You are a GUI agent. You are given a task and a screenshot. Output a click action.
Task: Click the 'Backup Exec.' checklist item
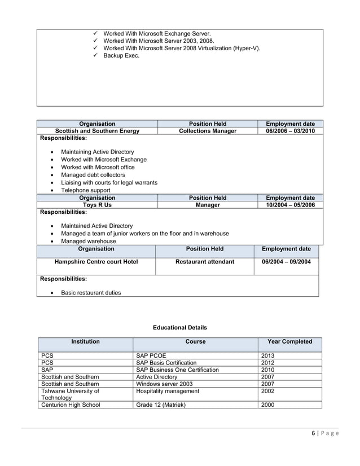pyautogui.click(x=121, y=56)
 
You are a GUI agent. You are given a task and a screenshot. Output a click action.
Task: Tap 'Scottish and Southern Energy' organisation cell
pyautogui.click(x=97, y=131)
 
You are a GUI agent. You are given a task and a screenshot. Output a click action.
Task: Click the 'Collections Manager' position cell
pyautogui.click(x=208, y=131)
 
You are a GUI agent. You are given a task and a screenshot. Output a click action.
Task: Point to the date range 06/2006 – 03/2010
pyautogui.click(x=290, y=131)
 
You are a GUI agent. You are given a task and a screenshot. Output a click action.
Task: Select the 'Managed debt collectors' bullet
pyautogui.click(x=93, y=175)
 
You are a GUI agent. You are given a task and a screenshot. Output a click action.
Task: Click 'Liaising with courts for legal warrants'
pyautogui.click(x=109, y=183)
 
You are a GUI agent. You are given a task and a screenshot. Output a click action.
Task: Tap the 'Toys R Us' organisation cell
pyautogui.click(x=97, y=205)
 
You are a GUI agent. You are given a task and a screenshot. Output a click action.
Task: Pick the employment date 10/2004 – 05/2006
pyautogui.click(x=290, y=205)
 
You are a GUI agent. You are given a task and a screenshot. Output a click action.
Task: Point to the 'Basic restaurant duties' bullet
pyautogui.click(x=90, y=293)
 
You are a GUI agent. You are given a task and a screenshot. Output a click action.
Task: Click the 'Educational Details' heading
pyautogui.click(x=180, y=327)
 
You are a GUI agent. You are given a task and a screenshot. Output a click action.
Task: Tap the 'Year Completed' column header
pyautogui.click(x=289, y=341)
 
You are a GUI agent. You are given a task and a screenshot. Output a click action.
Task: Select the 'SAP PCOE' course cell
pyautogui.click(x=151, y=355)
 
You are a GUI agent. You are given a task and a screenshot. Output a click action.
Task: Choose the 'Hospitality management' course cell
pyautogui.click(x=168, y=391)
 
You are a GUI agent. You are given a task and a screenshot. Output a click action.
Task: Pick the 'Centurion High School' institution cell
pyautogui.click(x=71, y=405)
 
